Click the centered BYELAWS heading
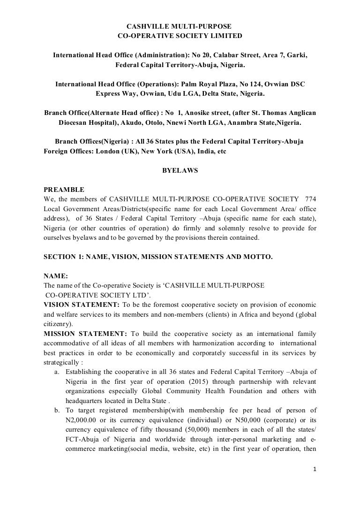click(180, 171)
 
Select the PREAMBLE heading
click(64, 190)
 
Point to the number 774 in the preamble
click(311, 198)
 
